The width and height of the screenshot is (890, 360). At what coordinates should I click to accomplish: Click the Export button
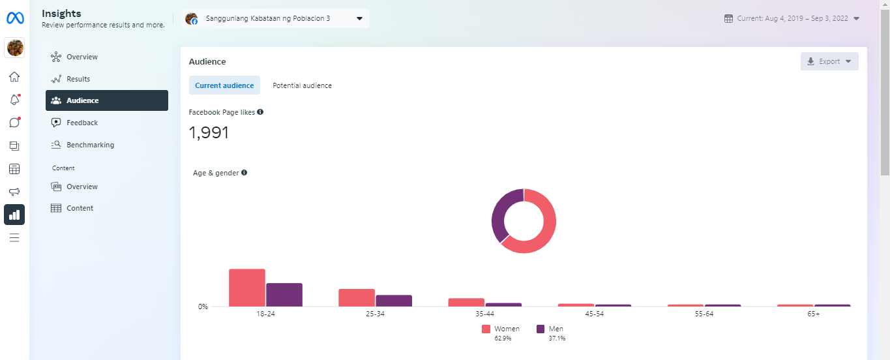[829, 61]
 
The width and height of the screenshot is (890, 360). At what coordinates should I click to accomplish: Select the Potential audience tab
[302, 85]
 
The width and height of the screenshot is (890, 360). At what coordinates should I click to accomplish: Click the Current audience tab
[224, 85]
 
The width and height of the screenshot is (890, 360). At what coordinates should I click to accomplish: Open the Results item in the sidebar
[78, 79]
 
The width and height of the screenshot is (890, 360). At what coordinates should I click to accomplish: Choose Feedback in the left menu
[82, 123]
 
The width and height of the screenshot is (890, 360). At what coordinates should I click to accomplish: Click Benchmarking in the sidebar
[89, 145]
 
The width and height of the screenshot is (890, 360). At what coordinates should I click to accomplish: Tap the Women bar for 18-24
[246, 288]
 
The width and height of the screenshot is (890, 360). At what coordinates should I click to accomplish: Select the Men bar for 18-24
[284, 295]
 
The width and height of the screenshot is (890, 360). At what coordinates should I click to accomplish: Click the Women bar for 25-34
[357, 297]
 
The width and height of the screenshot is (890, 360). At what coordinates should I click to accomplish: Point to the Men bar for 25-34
[394, 301]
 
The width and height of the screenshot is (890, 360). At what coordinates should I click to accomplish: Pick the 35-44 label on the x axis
[466, 314]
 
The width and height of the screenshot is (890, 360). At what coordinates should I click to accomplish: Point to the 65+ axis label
[813, 314]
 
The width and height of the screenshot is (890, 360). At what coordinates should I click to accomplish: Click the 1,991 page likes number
[209, 133]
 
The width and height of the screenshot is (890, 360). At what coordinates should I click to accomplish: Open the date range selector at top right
[792, 18]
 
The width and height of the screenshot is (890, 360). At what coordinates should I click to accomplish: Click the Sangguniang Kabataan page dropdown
[275, 18]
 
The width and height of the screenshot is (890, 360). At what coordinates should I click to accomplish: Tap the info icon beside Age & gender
[244, 173]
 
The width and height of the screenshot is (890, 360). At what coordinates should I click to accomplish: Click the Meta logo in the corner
[15, 18]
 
